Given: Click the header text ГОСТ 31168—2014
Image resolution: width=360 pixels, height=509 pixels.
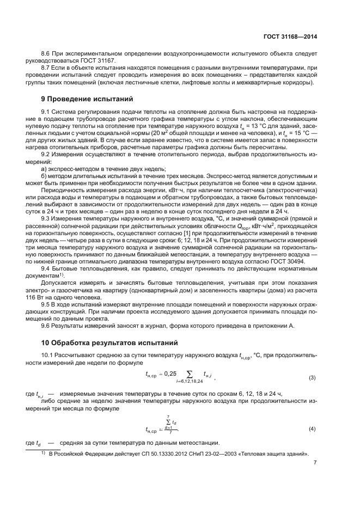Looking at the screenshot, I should coord(291,37).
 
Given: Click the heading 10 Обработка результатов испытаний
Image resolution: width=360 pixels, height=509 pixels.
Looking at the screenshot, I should coord(107,343).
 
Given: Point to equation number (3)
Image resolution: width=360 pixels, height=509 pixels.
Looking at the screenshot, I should coord(312,377).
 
